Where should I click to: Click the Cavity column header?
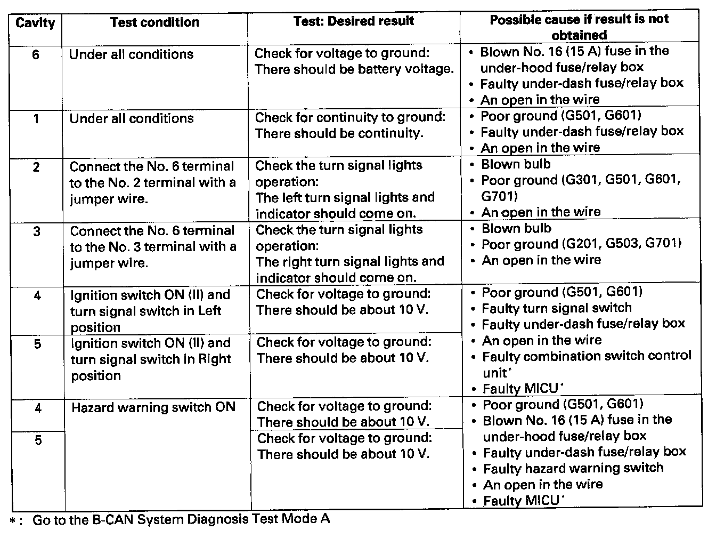tap(35, 23)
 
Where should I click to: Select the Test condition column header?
tap(154, 22)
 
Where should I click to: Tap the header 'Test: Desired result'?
tap(354, 21)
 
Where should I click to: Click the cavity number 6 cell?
tap(36, 55)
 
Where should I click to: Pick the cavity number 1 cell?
tap(36, 119)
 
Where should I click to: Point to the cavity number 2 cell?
tap(36, 167)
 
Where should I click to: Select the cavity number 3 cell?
tap(37, 232)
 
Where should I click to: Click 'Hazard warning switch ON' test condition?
tap(153, 407)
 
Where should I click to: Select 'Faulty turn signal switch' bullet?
tap(557, 308)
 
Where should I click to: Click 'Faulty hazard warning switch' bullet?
tap(573, 468)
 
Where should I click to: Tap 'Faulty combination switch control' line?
tap(587, 356)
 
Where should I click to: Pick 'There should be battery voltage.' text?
tap(354, 69)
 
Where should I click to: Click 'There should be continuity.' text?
tap(339, 133)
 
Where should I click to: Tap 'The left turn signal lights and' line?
tap(345, 198)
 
